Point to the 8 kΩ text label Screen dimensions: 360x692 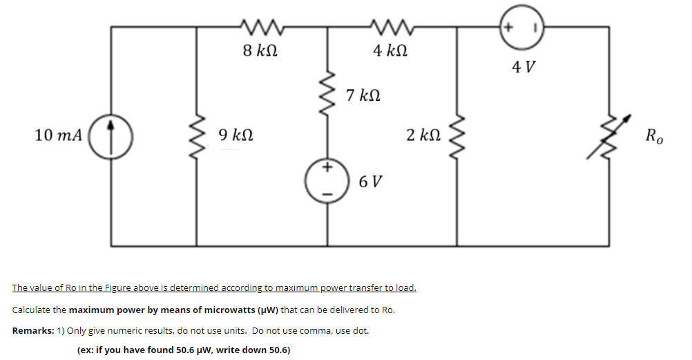point(260,50)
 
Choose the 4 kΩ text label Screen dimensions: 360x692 point(390,50)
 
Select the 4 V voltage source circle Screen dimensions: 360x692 point(522,29)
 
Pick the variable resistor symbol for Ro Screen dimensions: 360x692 point(608,138)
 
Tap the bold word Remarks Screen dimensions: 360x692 point(35,330)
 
